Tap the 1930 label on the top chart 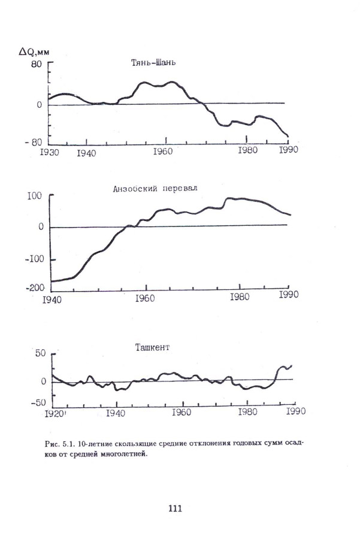click(x=48, y=152)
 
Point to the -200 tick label click(x=34, y=287)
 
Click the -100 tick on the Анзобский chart click(x=34, y=259)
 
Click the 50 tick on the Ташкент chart click(x=39, y=355)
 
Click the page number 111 click(x=174, y=508)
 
